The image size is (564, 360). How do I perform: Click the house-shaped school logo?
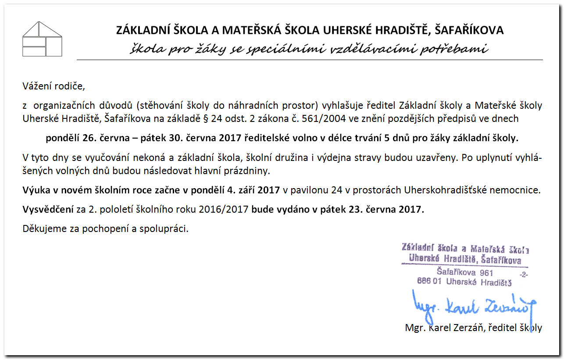pyautogui.click(x=42, y=39)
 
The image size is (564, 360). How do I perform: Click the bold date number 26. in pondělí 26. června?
pyautogui.click(x=89, y=138)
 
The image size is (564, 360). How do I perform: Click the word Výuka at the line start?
pyautogui.click(x=35, y=190)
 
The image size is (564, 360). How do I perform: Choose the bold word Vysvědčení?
pyautogui.click(x=48, y=210)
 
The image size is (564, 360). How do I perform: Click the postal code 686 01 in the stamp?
pyautogui.click(x=429, y=282)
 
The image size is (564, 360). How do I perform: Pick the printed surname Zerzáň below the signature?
pyautogui.click(x=465, y=328)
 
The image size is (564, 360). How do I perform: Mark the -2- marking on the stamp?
pyautogui.click(x=523, y=274)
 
